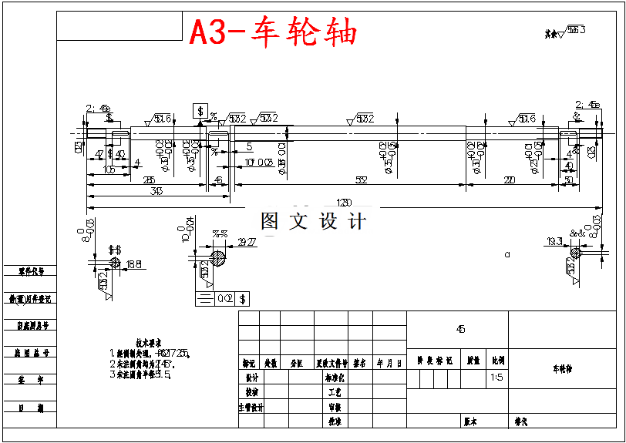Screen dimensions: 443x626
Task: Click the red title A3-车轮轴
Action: point(274,33)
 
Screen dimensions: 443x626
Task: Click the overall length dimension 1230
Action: point(344,202)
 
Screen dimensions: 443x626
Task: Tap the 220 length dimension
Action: point(510,180)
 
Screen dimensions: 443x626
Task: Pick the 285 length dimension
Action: point(148,180)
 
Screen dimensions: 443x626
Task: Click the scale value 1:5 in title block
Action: point(497,378)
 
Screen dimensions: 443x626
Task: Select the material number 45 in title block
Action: point(460,329)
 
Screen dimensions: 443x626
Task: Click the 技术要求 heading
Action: point(149,343)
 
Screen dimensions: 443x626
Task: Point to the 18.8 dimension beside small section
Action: point(133,264)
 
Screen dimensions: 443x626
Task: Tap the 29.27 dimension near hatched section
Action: point(247,242)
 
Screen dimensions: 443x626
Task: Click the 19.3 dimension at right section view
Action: point(554,242)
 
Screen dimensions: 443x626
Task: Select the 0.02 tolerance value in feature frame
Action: point(225,297)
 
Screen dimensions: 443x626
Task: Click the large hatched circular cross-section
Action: point(219,257)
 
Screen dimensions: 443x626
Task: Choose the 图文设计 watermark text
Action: point(313,221)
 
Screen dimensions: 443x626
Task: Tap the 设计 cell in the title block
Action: point(251,378)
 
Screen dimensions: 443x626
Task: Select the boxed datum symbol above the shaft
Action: point(201,112)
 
